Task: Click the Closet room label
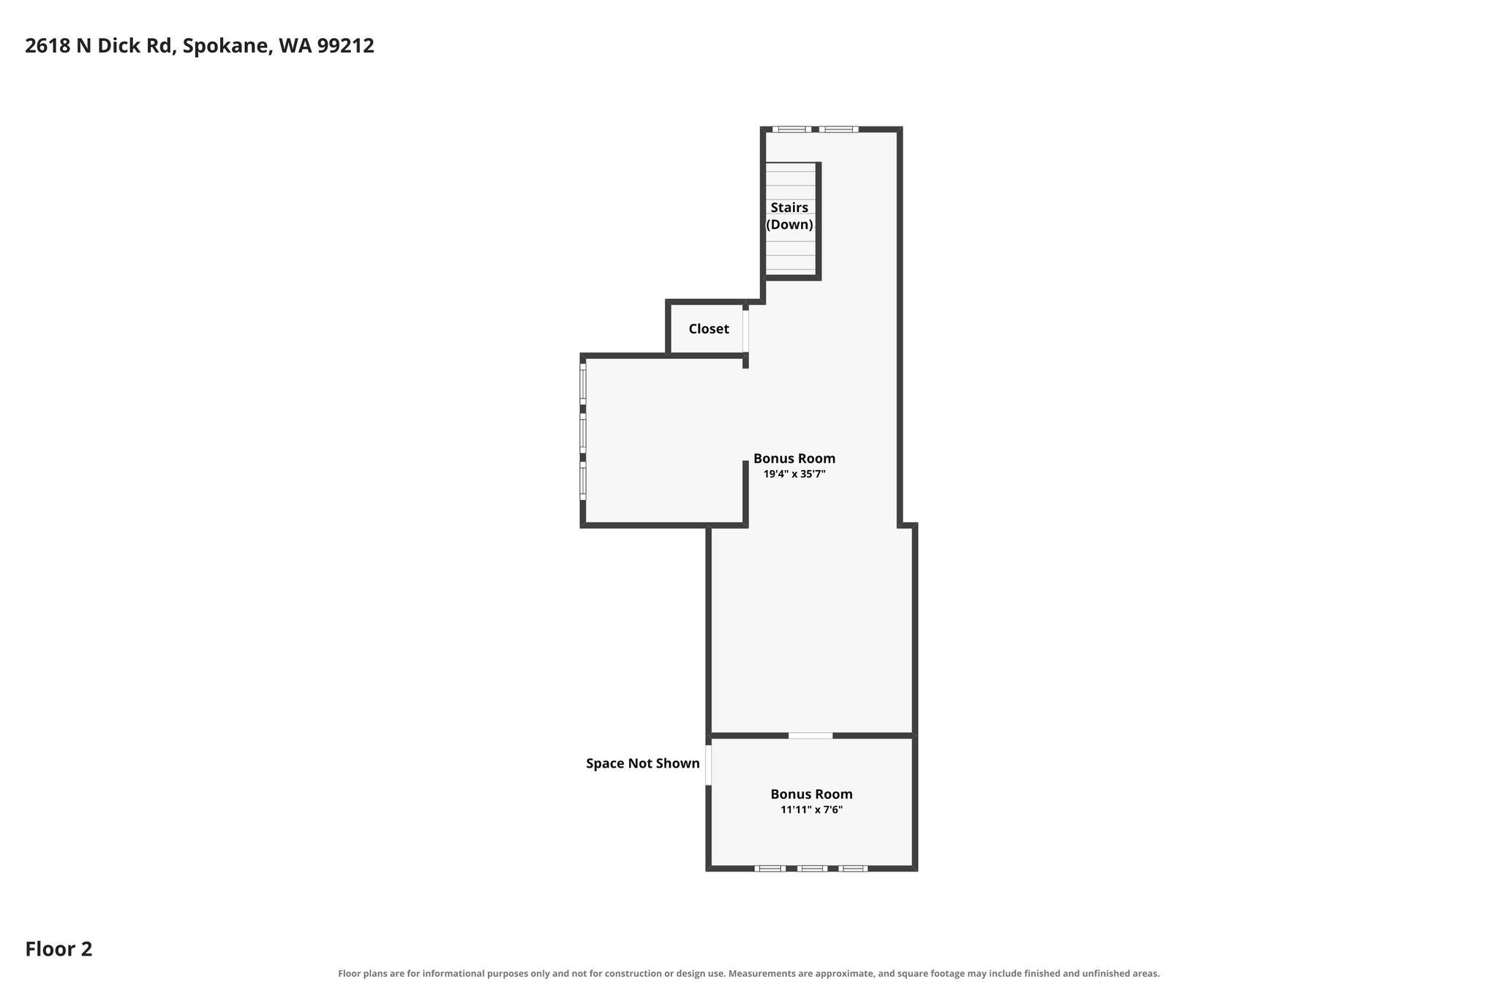[709, 329]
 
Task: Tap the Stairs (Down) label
[789, 216]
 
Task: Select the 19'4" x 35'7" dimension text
[794, 474]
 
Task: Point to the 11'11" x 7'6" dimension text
[811, 809]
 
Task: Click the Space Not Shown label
[643, 763]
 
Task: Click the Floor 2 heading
[59, 949]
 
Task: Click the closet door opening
[745, 331]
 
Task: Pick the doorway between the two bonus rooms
[810, 735]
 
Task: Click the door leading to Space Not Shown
[708, 765]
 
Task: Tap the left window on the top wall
[791, 129]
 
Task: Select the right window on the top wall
[838, 129]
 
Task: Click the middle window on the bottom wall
[812, 869]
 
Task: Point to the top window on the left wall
[583, 384]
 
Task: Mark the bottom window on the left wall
[583, 482]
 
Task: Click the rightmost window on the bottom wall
[853, 869]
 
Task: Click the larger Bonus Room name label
[794, 458]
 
